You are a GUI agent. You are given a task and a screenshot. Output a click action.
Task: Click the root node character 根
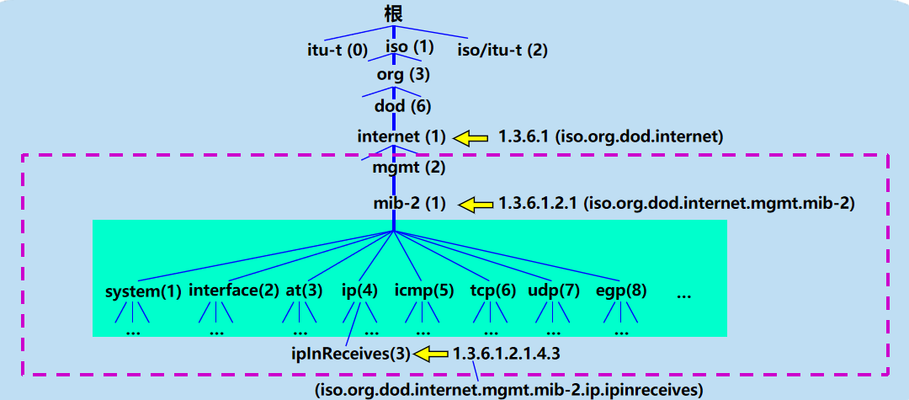coord(393,14)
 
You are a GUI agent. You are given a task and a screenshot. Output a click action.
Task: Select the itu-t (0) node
coord(337,50)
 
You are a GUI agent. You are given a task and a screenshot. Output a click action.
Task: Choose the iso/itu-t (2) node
coord(502,50)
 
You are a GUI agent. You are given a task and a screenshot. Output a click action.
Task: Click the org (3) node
coord(403,75)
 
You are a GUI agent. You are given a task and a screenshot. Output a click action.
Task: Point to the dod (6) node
coord(402,106)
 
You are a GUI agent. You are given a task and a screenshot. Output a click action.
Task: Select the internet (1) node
coord(401,136)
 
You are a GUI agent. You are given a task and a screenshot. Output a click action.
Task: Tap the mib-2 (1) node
coord(410,203)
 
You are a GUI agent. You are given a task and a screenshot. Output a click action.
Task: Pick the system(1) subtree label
coord(143,291)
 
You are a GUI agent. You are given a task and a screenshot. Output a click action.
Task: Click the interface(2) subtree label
coord(233,291)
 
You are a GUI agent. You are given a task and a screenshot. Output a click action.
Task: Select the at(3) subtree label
coord(304,291)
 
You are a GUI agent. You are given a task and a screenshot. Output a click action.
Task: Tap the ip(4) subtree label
coord(359,291)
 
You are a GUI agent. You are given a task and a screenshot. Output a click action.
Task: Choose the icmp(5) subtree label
coord(423,291)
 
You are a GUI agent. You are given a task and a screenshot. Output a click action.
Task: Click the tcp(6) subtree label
coord(492,291)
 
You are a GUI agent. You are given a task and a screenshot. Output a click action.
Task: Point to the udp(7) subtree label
coord(554,291)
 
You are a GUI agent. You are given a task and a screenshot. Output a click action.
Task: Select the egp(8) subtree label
coord(621,291)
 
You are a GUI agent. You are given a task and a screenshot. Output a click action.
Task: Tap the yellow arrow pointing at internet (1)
coord(472,136)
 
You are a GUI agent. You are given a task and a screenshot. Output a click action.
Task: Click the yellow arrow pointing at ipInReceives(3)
coord(430,354)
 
